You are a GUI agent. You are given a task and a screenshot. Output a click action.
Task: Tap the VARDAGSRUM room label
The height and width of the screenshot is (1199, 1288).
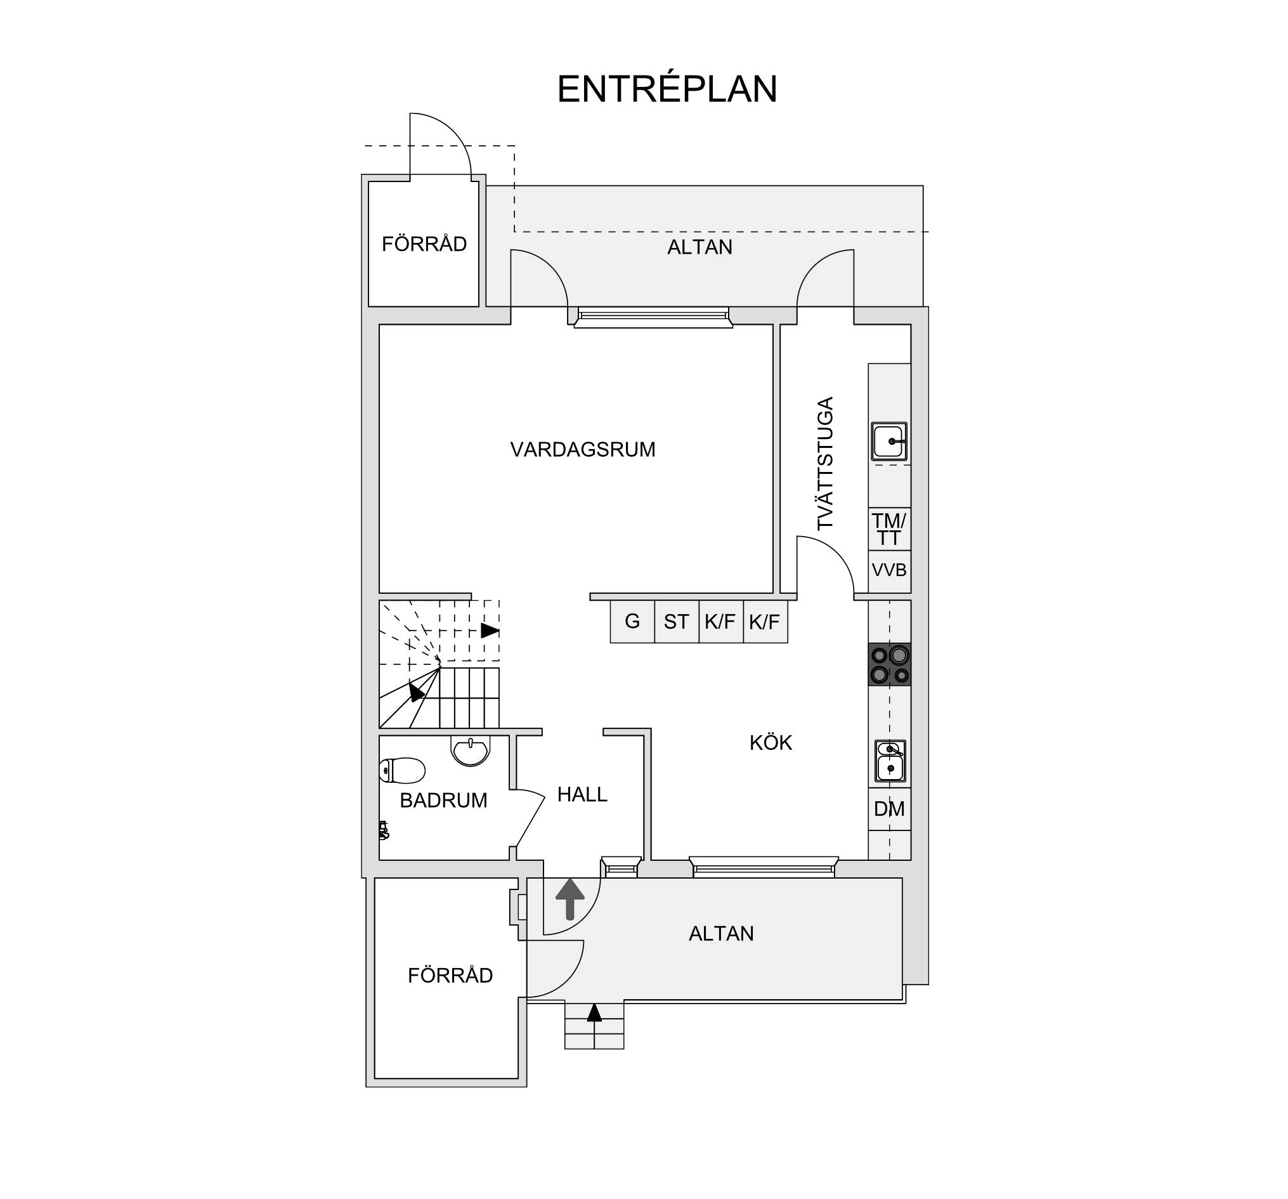582,449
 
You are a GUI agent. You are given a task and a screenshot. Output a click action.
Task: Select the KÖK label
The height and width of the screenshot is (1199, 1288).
771,742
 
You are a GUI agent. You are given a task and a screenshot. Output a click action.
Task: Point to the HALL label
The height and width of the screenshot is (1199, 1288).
582,795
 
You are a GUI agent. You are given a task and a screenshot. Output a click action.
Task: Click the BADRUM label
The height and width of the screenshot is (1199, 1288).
443,801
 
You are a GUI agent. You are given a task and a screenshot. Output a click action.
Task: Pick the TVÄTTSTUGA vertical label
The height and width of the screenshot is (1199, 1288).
825,463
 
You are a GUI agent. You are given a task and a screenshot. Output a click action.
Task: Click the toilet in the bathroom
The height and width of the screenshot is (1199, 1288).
401,771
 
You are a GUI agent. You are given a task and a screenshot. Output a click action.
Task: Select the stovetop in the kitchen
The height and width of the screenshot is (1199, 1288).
889,664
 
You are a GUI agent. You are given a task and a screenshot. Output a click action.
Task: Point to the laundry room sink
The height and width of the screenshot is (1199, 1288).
889,442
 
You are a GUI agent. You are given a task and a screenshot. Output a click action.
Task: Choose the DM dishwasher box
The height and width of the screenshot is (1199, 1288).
889,809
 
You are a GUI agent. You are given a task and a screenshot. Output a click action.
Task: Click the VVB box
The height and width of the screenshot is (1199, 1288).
889,570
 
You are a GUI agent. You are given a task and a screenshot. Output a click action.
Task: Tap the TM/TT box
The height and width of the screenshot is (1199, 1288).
889,529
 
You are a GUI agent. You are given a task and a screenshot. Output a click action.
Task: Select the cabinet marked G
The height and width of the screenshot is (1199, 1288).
632,622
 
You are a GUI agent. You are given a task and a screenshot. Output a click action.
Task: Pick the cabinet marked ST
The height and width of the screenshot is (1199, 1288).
677,622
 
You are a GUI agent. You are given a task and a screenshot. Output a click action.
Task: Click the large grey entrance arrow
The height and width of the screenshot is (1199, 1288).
570,899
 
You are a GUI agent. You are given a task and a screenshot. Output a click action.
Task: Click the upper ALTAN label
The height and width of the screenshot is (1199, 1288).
699,247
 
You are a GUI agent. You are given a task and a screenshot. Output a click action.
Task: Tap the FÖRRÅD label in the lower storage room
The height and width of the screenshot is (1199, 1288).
450,976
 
